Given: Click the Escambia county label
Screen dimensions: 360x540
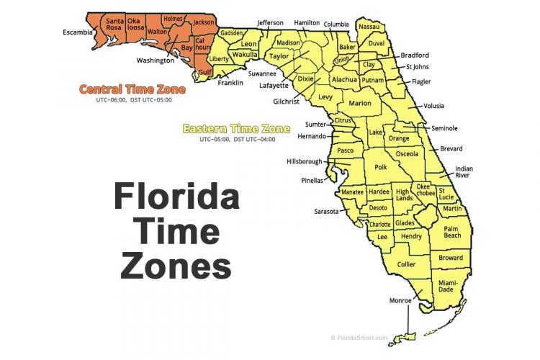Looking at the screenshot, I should pyautogui.click(x=78, y=32).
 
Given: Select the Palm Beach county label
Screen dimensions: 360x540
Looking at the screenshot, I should pyautogui.click(x=451, y=231).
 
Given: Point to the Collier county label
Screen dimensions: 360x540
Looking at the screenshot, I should pyautogui.click(x=406, y=264).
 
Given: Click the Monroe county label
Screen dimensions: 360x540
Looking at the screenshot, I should pyautogui.click(x=400, y=300).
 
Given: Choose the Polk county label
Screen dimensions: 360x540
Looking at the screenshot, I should pyautogui.click(x=380, y=167).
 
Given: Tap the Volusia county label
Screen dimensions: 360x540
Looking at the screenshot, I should pyautogui.click(x=434, y=105).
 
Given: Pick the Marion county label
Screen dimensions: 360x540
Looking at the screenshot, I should pyautogui.click(x=359, y=104).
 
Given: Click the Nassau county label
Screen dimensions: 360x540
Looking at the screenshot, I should pyautogui.click(x=368, y=27).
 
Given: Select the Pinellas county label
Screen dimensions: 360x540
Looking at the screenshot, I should pyautogui.click(x=313, y=180).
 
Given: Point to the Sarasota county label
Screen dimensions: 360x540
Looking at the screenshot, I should pyautogui.click(x=326, y=212).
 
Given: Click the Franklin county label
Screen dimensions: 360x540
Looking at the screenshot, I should pyautogui.click(x=230, y=83).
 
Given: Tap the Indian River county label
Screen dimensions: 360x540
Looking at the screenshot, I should pyautogui.click(x=464, y=173).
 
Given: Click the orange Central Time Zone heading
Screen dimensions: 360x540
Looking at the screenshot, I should pyautogui.click(x=132, y=90).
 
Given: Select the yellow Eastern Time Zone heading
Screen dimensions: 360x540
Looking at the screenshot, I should pyautogui.click(x=236, y=129).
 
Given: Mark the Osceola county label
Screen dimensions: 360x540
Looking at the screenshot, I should pyautogui.click(x=407, y=153).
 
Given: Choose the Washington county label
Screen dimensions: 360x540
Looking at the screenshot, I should pyautogui.click(x=155, y=60).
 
